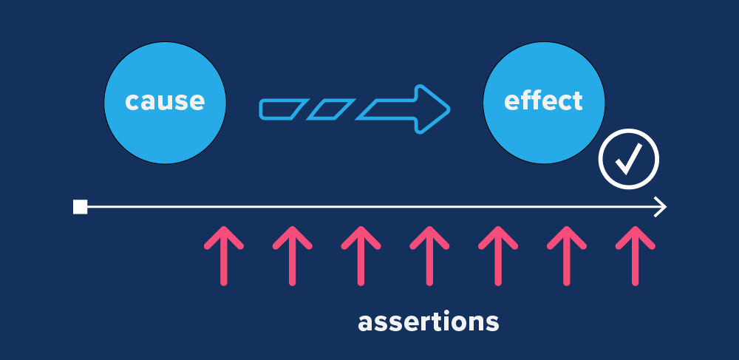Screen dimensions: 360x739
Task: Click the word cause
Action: (164, 101)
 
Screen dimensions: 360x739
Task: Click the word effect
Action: (543, 101)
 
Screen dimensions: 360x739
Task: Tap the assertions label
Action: (428, 322)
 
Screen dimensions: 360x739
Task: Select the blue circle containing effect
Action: (543, 129)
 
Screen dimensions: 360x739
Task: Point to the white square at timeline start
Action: (80, 207)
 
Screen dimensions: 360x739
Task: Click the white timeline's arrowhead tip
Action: (664, 207)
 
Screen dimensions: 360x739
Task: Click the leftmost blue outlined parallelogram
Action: (282, 109)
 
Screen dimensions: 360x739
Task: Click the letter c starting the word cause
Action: (132, 101)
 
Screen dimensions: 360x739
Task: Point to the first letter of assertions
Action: (365, 323)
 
